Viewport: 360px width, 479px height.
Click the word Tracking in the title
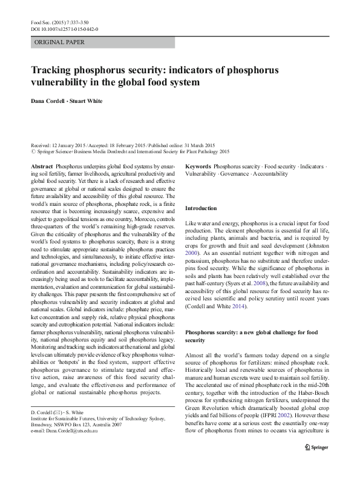tap(55, 70)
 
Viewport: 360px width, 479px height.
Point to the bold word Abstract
tap(41, 165)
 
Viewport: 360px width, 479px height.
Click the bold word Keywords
tap(198, 165)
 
